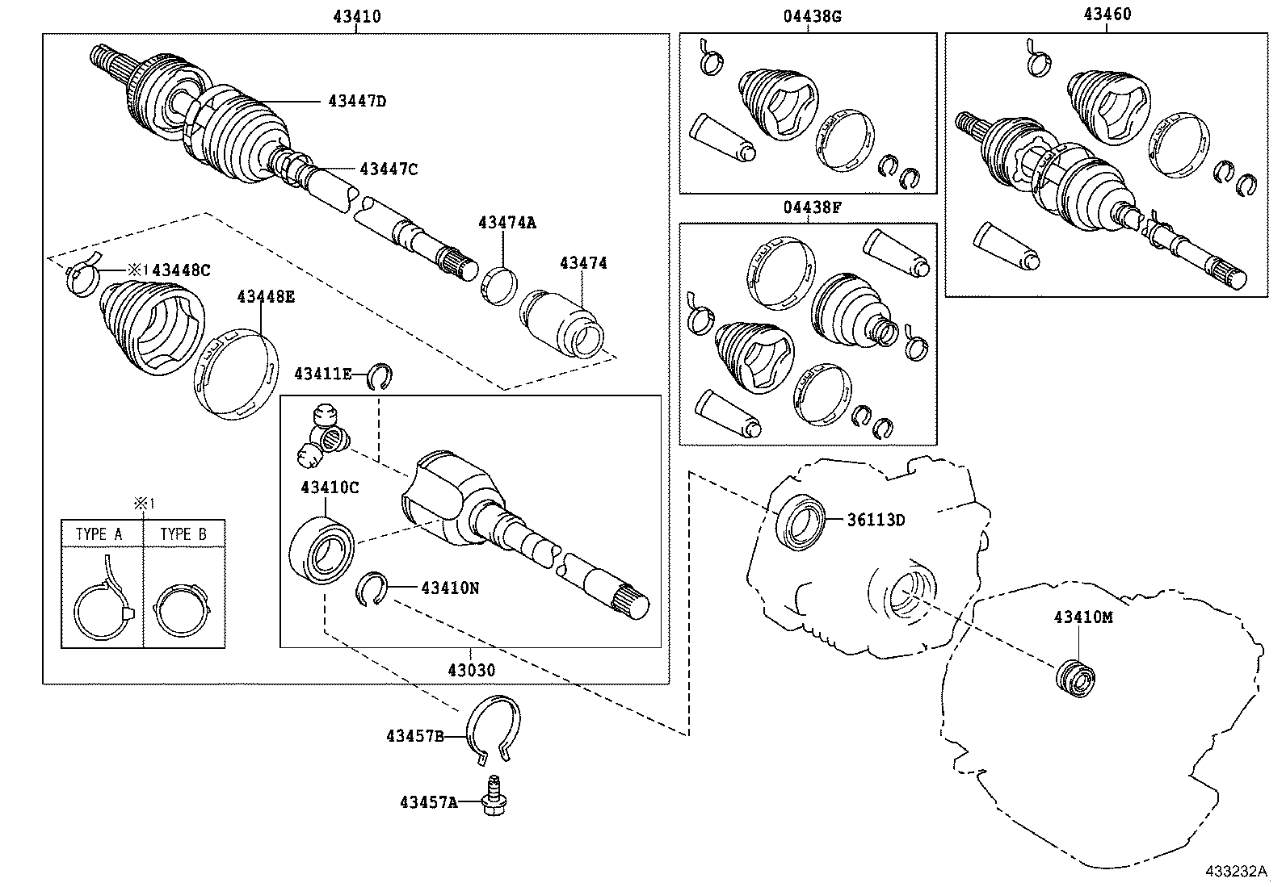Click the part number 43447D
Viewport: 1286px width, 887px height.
click(357, 102)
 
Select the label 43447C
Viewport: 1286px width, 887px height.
click(389, 169)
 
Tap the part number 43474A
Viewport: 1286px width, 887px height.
click(506, 222)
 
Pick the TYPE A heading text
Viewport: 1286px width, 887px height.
click(99, 534)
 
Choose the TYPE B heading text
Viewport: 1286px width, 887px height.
click(183, 534)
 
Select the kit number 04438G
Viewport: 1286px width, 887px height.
click(812, 15)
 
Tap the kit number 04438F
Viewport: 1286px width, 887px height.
click(812, 207)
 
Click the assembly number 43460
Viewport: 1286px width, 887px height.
click(1107, 15)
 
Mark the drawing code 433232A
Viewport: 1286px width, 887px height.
click(1236, 872)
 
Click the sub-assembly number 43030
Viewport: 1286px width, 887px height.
click(471, 671)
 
